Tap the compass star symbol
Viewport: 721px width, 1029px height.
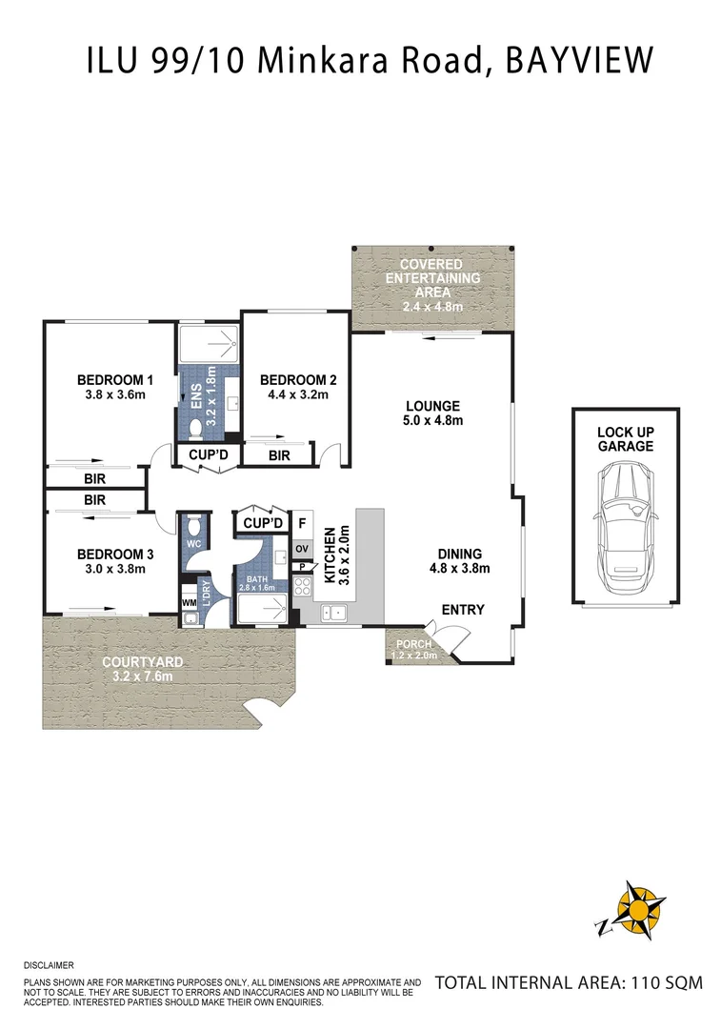coord(631,909)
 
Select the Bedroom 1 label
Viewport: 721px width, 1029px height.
coord(115,380)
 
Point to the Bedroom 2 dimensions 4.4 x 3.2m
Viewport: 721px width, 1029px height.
coord(297,394)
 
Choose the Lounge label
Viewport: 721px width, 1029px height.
coord(432,405)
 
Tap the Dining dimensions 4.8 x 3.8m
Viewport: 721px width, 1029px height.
coord(459,569)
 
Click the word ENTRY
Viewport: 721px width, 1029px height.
coord(463,610)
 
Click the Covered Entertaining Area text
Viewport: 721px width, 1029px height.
coord(431,278)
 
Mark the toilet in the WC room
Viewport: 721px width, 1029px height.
coord(193,526)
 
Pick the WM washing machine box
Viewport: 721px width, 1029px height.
coord(189,602)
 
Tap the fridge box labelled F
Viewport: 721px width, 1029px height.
coord(302,523)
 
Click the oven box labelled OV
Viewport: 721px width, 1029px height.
coord(302,549)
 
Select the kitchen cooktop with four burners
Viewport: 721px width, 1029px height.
coord(302,587)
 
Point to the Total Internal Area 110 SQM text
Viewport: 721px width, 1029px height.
coord(568,981)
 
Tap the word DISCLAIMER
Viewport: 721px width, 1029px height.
coord(50,965)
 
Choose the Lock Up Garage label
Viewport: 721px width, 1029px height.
coord(625,438)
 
